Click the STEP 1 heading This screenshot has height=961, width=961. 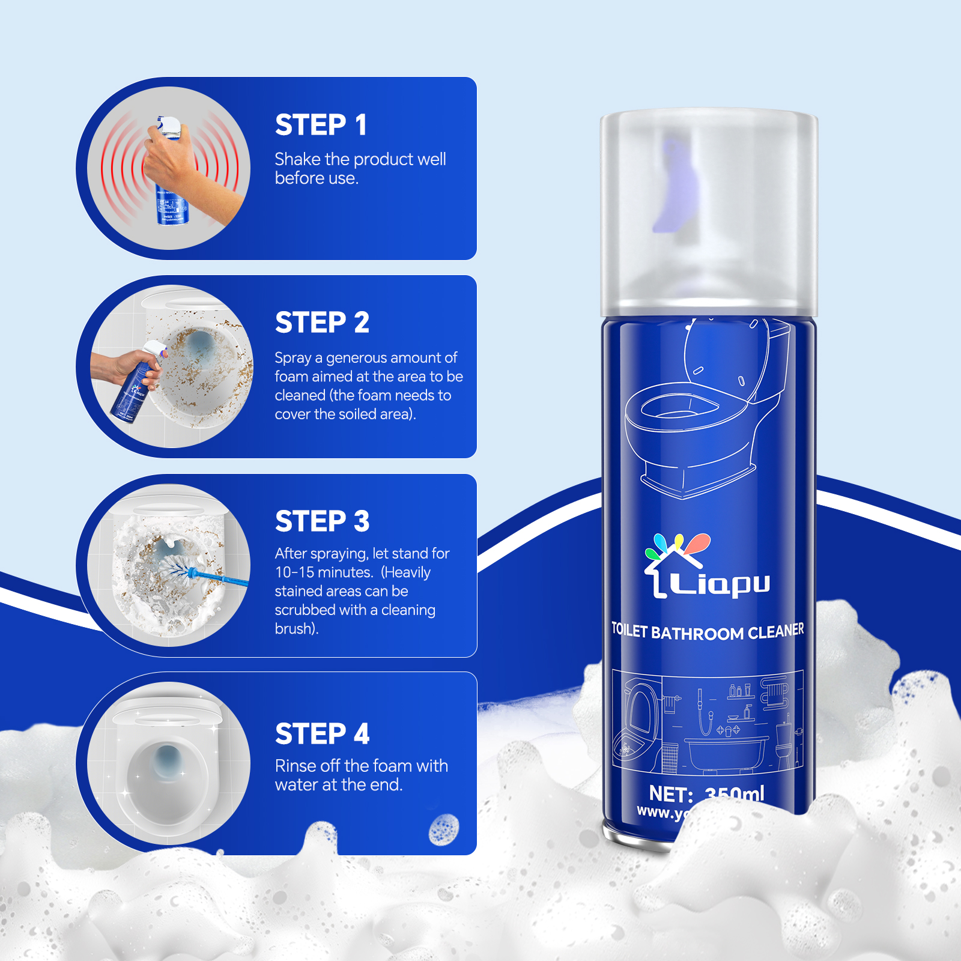pos(321,125)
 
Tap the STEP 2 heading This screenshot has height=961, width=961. pos(322,323)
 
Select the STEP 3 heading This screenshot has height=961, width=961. pos(322,521)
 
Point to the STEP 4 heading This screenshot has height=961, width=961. pos(322,734)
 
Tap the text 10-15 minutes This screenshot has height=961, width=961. pos(324,572)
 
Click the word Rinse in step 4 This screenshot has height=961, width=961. pos(295,766)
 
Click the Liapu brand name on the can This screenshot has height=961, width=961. pos(719,583)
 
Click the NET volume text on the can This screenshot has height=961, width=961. pos(706,794)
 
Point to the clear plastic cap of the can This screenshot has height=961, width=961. pos(709,210)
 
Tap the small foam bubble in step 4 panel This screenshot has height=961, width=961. pos(444,830)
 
